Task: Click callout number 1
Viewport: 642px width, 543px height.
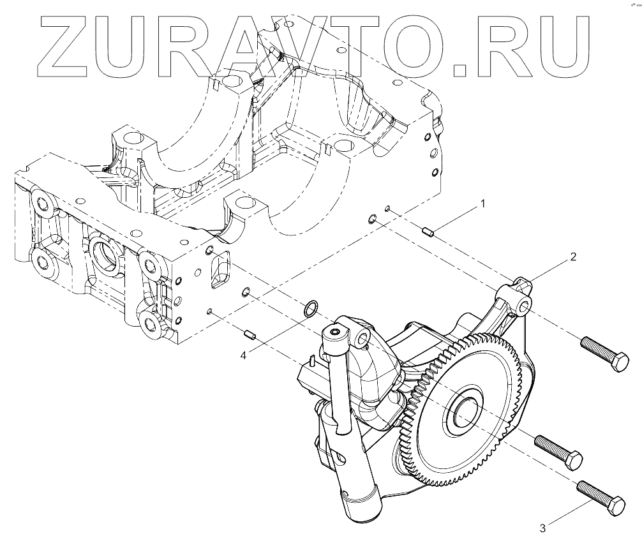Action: (x=483, y=204)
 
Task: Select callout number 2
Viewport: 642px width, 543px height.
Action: (x=573, y=257)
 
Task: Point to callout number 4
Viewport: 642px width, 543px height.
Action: (x=244, y=355)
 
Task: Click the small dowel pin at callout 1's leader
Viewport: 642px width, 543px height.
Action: (x=428, y=232)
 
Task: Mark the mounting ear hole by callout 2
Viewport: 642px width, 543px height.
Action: (x=525, y=308)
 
